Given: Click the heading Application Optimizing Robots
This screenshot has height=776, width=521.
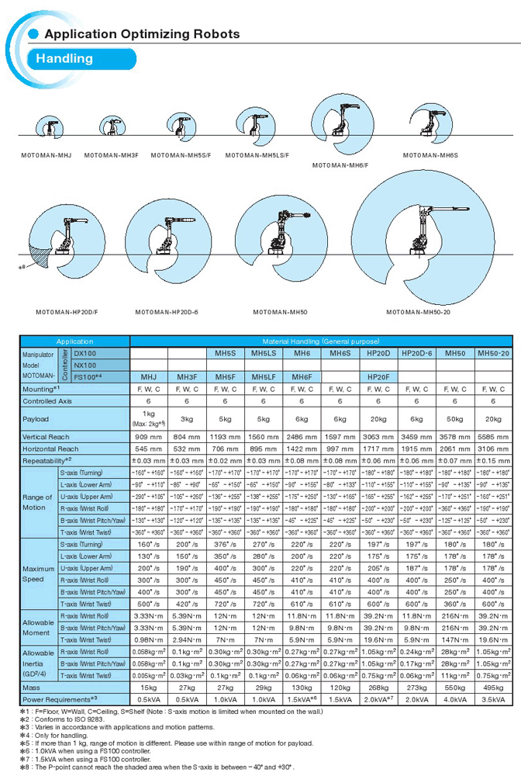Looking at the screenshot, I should [x=142, y=34].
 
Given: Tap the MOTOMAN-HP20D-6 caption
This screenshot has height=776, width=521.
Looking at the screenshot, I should [x=167, y=312].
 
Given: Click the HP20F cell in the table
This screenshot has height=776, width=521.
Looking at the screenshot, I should [x=378, y=377].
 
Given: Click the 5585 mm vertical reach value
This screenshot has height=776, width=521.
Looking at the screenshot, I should [x=494, y=437].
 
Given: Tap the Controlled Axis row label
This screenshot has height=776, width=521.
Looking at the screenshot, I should [x=50, y=401].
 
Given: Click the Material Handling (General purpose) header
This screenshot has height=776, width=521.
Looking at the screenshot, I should [x=320, y=341].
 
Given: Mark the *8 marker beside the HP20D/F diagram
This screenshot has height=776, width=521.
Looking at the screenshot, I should [x=23, y=265].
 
